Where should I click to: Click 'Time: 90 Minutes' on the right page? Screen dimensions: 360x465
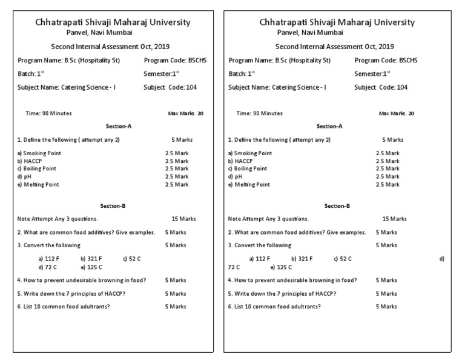[259, 113]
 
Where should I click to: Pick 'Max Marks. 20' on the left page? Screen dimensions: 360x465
[185, 113]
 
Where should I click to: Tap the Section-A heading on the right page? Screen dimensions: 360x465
[329, 126]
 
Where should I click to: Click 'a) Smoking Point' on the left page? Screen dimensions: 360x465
[39, 153]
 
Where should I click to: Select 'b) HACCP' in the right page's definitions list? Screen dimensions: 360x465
[240, 161]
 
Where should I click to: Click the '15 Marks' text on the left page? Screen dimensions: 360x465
[183, 219]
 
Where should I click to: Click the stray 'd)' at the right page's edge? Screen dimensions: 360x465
[442, 259]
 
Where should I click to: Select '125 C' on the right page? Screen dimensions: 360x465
[283, 267]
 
